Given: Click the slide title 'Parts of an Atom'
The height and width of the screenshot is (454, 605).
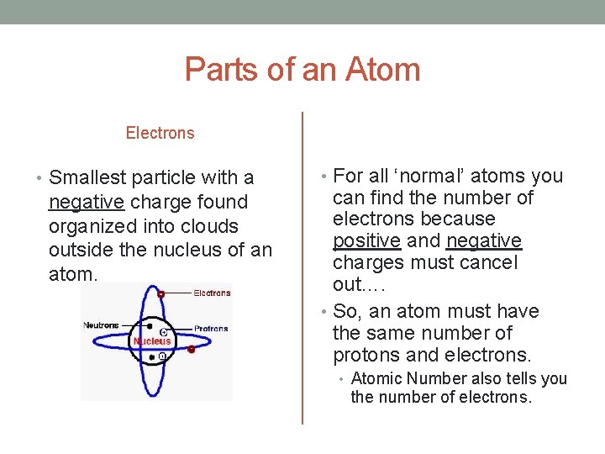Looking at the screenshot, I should [x=302, y=69].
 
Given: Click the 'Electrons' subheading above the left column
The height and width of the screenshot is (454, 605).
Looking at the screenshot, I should [x=160, y=133].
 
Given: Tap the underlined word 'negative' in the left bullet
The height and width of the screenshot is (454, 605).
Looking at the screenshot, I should [x=87, y=202].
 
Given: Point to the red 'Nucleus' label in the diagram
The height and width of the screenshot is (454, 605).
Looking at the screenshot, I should [x=152, y=340].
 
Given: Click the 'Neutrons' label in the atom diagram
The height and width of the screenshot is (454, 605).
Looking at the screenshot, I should [x=101, y=325].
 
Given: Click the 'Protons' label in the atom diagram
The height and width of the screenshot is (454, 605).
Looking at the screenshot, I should [x=211, y=329].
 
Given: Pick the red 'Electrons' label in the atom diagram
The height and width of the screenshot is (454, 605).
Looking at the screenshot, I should [x=212, y=293].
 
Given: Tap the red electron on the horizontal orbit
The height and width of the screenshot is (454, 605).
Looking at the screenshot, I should [x=192, y=348].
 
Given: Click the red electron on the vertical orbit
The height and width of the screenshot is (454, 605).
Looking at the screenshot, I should [x=160, y=293].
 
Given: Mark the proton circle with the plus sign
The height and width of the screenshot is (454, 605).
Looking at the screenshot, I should [x=161, y=333].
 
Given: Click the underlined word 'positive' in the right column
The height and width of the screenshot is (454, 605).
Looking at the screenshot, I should [x=366, y=240].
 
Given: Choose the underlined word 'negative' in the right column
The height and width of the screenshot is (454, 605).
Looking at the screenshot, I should [x=484, y=240].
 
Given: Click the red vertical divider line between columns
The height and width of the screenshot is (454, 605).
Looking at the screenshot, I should [x=302, y=269].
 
